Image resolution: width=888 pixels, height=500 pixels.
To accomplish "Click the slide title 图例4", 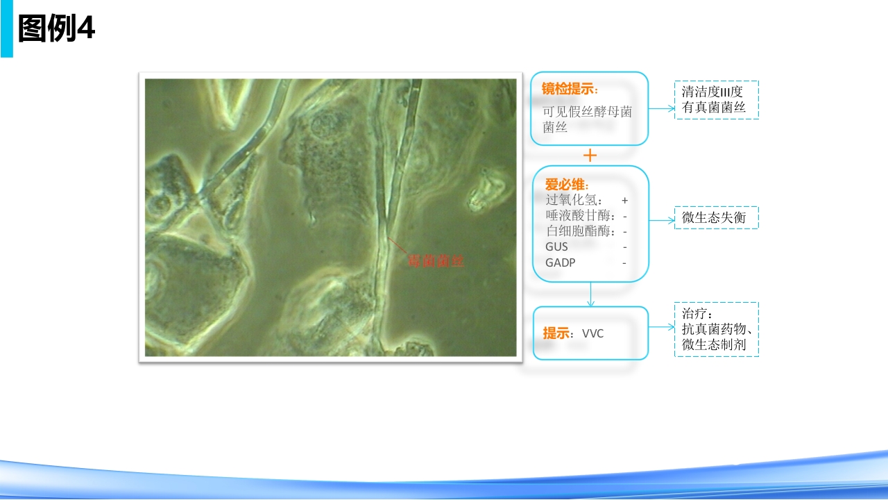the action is (x=56, y=28).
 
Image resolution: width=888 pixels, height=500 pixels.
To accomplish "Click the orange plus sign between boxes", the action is (x=590, y=155).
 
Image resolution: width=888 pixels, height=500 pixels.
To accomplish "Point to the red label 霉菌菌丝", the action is (x=436, y=261).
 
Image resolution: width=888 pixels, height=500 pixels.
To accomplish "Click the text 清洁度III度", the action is (x=712, y=92).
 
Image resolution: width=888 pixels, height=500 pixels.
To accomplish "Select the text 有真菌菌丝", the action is (x=714, y=107).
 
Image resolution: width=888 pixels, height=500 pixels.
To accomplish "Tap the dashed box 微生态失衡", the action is (x=717, y=217).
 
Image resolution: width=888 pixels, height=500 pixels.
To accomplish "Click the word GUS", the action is (x=556, y=247).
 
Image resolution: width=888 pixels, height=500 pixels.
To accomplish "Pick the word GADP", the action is (x=560, y=262).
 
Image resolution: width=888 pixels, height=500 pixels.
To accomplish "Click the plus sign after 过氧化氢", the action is (x=625, y=201).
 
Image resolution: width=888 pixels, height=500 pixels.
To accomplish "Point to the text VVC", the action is (x=592, y=333).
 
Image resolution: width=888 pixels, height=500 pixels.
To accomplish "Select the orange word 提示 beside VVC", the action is (x=556, y=333).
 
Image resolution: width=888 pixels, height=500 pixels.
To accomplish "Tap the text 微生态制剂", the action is (x=714, y=344).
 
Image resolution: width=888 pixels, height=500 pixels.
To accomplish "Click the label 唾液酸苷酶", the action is (x=578, y=215).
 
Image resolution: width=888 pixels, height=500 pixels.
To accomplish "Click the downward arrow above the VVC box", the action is (x=590, y=294).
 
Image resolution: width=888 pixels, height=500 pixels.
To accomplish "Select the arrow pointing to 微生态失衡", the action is (x=662, y=220).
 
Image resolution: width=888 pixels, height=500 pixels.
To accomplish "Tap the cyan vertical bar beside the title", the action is (x=7, y=28).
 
